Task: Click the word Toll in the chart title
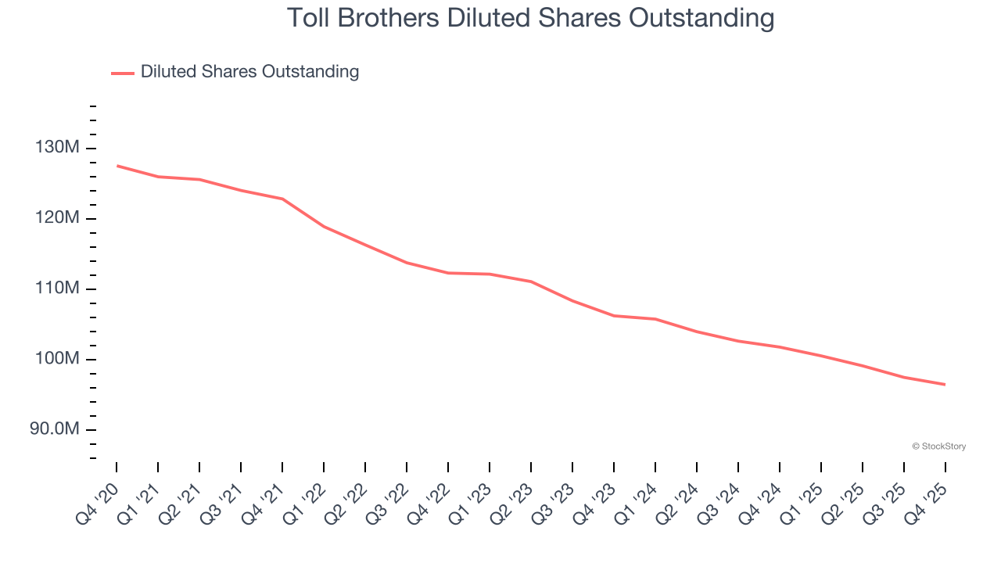click(307, 17)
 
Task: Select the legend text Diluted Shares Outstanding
click(249, 72)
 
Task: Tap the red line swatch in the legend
click(123, 73)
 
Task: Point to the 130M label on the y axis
click(56, 148)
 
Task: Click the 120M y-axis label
click(56, 218)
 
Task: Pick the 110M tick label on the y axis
click(56, 289)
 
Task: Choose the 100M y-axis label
click(56, 359)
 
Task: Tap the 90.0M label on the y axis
click(53, 429)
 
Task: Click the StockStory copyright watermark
click(938, 446)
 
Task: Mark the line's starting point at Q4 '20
click(117, 166)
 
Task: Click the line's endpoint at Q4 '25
click(945, 385)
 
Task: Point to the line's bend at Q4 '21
click(282, 199)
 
